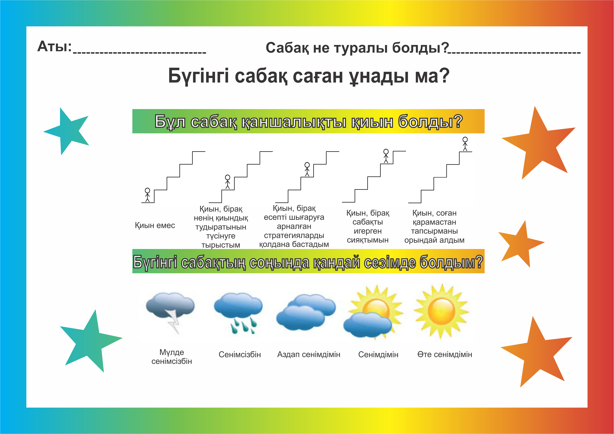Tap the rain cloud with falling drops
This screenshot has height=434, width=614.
pyautogui.click(x=238, y=311)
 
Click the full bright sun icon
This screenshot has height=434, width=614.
pyautogui.click(x=441, y=311)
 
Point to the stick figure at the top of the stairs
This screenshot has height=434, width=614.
pyautogui.click(x=465, y=144)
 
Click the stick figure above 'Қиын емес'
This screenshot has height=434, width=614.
pyautogui.click(x=147, y=195)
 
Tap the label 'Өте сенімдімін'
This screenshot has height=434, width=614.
pyautogui.click(x=445, y=354)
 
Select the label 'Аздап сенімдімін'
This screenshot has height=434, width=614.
pyautogui.click(x=309, y=354)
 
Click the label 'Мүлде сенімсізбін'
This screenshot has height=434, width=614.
pyautogui.click(x=172, y=357)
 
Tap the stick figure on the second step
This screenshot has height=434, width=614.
pyautogui.click(x=228, y=182)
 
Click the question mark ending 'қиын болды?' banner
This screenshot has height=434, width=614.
pyautogui.click(x=458, y=121)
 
